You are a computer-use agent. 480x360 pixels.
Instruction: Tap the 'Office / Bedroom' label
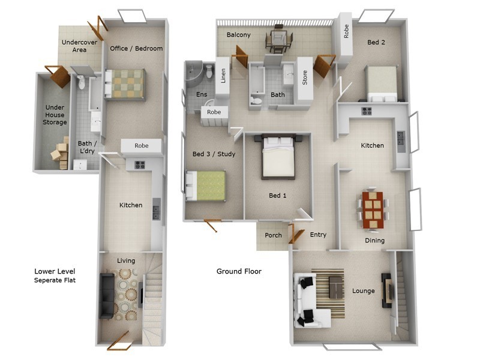click(136, 49)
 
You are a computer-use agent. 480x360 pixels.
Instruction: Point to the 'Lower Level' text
click(55, 271)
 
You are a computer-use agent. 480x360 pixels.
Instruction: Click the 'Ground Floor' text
click(239, 271)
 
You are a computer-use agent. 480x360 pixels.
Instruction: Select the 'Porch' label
click(273, 235)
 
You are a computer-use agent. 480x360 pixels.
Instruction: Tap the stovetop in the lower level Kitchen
click(139, 164)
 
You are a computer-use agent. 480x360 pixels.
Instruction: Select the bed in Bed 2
click(382, 84)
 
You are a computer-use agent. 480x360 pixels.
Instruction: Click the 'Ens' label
click(202, 95)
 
